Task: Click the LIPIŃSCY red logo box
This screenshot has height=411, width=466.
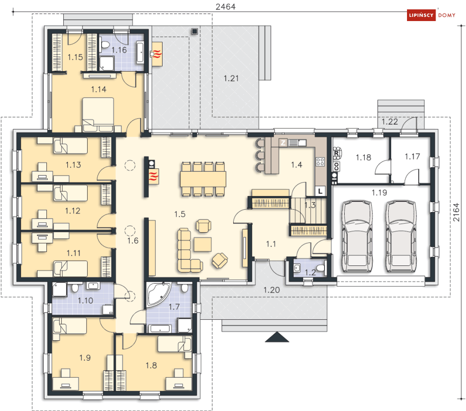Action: click(422, 15)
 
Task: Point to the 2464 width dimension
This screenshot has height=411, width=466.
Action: click(226, 7)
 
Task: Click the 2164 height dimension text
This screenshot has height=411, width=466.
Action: click(456, 212)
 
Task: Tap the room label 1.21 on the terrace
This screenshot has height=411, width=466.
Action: click(231, 78)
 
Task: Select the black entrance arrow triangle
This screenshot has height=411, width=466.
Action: click(277, 337)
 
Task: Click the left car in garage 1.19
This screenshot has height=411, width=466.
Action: click(357, 236)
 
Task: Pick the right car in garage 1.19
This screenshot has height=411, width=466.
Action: click(400, 236)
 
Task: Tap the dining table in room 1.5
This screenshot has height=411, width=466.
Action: click(203, 179)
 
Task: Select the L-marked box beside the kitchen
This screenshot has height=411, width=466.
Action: click(320, 191)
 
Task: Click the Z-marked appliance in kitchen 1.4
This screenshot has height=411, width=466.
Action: click(283, 143)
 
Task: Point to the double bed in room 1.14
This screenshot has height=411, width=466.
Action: click(98, 114)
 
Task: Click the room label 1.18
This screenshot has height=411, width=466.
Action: click(363, 157)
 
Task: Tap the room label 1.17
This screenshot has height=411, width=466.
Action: click(413, 156)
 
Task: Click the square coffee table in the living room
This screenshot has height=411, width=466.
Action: click(203, 244)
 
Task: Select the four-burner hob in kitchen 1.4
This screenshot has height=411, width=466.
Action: click(320, 162)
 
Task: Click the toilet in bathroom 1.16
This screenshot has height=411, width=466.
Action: click(105, 45)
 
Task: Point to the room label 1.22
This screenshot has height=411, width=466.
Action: click(390, 122)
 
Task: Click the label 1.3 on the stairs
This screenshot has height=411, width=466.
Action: click(310, 205)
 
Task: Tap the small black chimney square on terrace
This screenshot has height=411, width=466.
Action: click(195, 31)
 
